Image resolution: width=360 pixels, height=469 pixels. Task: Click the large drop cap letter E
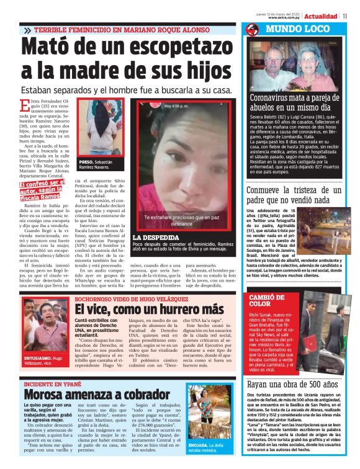(24, 107)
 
